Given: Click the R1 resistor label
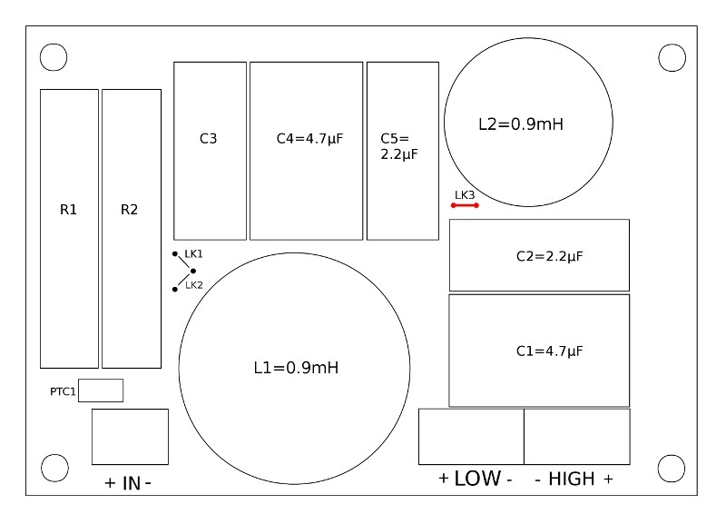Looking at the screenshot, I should tap(69, 210).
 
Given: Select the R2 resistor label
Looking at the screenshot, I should tap(130, 210).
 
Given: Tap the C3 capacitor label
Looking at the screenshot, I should tap(208, 139).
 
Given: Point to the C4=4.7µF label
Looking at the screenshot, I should tap(309, 139).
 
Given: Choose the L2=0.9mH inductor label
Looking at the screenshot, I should tap(521, 124).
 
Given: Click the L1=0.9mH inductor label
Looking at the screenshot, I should tap(296, 368).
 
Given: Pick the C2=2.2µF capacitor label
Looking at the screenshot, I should tap(549, 256).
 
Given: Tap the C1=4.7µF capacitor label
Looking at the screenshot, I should tap(549, 351).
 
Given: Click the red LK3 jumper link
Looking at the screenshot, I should tap(465, 205).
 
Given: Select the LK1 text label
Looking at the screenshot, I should tap(193, 253).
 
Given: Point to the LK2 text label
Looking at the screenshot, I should tap(193, 285).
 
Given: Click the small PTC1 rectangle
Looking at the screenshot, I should tap(101, 391).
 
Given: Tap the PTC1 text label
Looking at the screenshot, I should tap(63, 392).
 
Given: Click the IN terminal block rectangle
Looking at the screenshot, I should tap(130, 436).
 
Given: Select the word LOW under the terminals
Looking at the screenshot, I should tap(477, 479).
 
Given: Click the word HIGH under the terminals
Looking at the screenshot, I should tap(572, 479).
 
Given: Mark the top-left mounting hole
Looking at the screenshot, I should tap(54, 56).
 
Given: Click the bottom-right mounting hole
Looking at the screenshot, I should tap(671, 469).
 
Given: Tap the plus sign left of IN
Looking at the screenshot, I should tap(110, 484).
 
